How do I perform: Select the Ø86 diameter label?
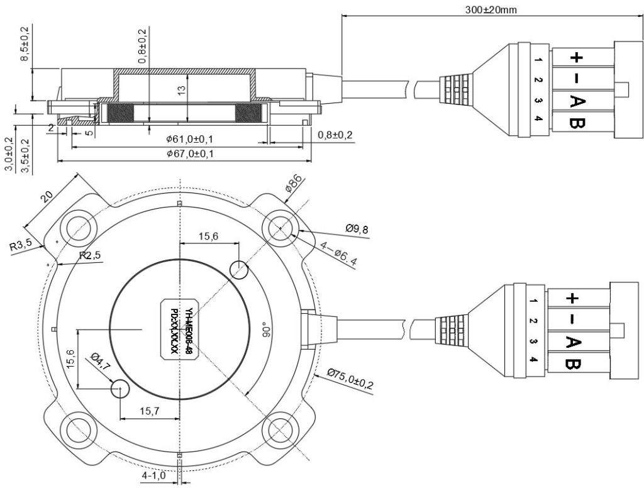294,186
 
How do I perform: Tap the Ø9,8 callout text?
357,229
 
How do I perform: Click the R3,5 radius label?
21,246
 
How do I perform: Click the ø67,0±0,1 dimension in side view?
189,154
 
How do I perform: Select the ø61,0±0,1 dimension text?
189,138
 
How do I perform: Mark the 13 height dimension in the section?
181,91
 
